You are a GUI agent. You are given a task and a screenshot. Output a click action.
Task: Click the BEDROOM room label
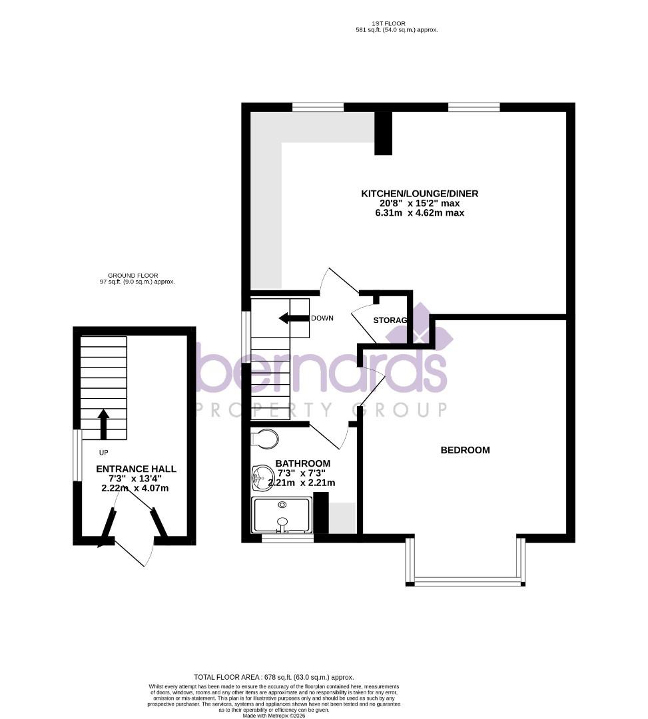point(465,450)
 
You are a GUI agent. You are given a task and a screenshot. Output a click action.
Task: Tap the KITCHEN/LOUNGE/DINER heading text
point(420,194)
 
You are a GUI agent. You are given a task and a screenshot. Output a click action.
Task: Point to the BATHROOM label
point(303,463)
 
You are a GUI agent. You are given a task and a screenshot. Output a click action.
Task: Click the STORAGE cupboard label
point(390,320)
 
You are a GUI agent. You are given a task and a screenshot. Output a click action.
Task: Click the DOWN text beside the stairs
point(322,318)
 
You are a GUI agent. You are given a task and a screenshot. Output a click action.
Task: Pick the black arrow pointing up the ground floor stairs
point(103,423)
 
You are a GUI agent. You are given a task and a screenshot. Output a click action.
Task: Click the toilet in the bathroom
point(265,439)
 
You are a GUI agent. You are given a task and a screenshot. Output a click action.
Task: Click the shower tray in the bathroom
point(282,515)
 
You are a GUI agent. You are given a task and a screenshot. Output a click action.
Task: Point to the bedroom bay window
point(466,581)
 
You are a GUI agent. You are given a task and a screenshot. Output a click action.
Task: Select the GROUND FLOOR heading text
point(132,275)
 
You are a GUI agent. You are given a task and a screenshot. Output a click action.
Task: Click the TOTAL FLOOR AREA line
point(273,677)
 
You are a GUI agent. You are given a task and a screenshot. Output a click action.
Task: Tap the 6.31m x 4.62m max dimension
point(420,213)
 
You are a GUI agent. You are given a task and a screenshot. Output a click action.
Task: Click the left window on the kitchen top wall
point(318,107)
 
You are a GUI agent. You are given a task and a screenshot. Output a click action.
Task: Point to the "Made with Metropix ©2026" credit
point(274,715)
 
